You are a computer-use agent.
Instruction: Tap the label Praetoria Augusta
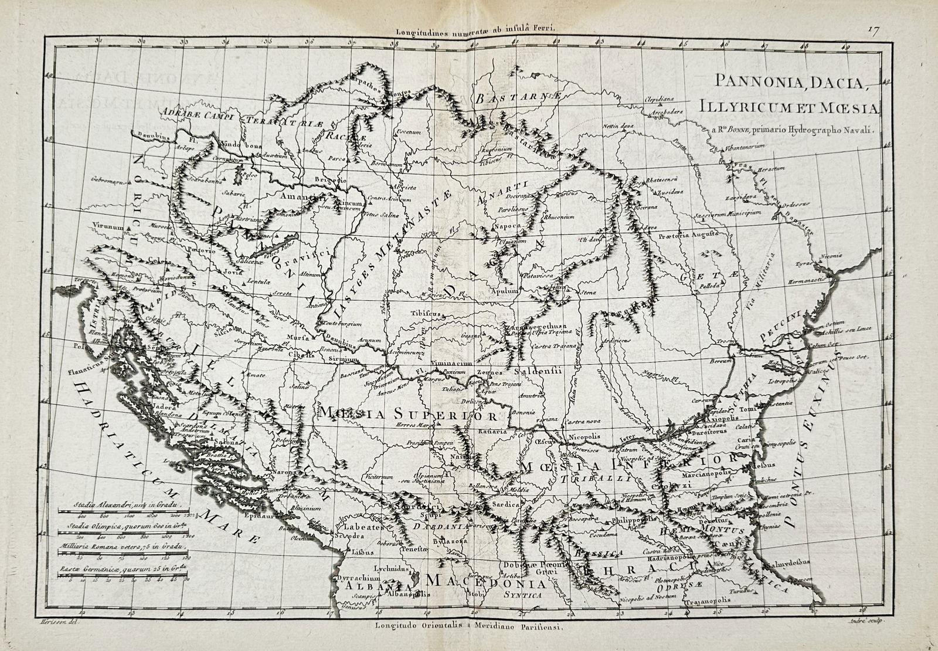click(x=688, y=234)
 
